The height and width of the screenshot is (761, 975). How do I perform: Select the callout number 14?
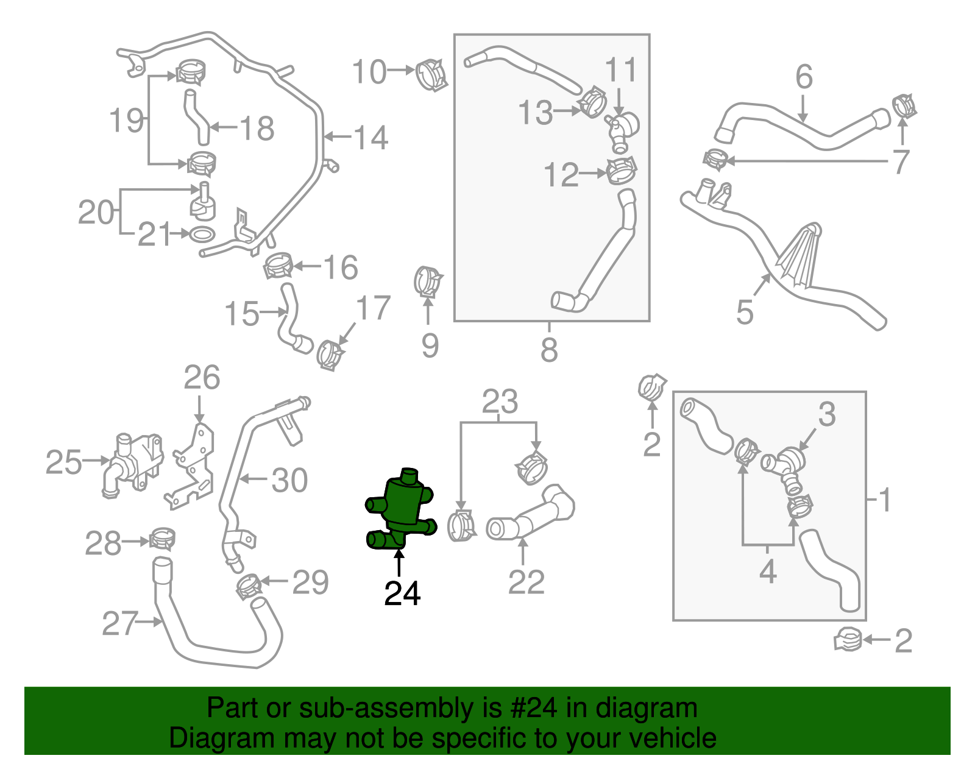(x=370, y=138)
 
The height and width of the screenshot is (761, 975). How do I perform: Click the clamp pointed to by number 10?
(x=431, y=74)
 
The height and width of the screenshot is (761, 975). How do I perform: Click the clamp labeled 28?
(x=162, y=538)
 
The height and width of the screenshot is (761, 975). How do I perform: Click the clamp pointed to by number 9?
(x=427, y=282)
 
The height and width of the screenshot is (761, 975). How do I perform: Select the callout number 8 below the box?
(x=548, y=349)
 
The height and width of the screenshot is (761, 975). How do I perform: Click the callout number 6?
(x=804, y=77)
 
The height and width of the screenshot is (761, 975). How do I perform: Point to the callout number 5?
(x=745, y=311)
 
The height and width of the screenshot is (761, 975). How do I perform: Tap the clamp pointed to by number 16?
(x=278, y=266)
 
